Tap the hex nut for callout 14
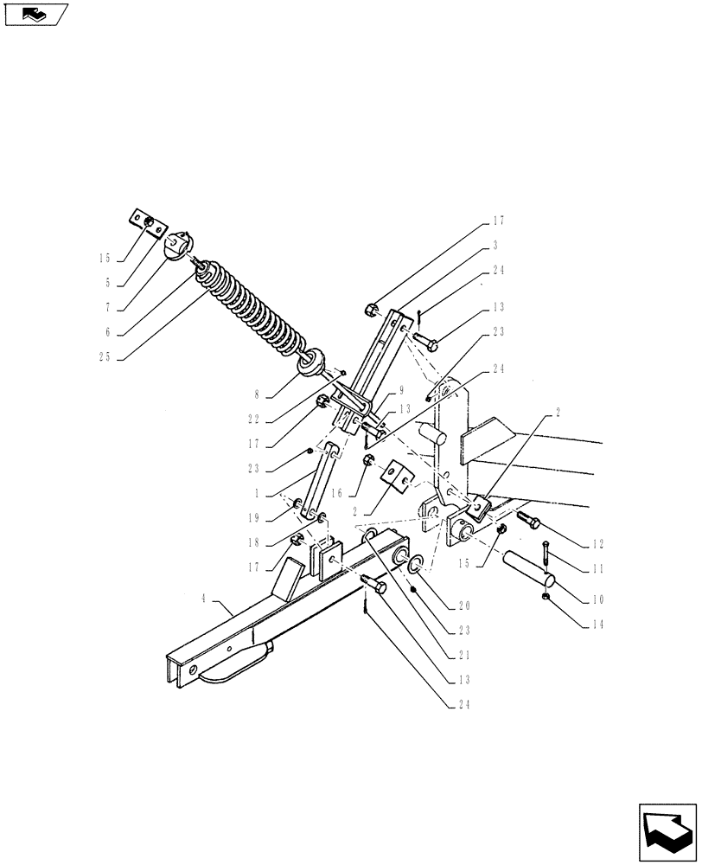click(545, 597)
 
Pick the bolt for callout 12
click(530, 521)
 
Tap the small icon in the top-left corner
click(34, 15)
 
